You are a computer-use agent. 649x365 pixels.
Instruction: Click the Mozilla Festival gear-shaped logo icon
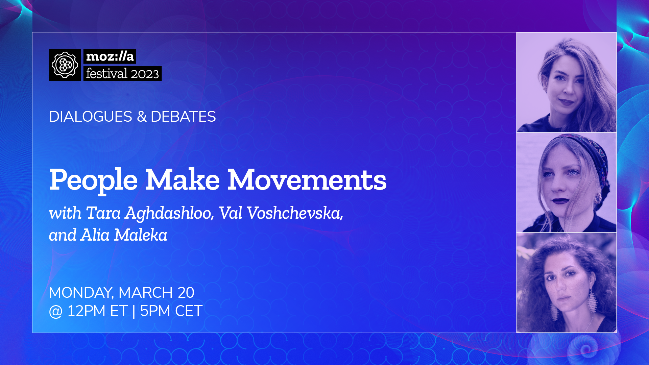pyautogui.click(x=65, y=65)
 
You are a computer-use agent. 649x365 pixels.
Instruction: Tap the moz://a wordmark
pyautogui.click(x=110, y=56)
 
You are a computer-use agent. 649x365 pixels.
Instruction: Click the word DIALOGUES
pyautogui.click(x=91, y=117)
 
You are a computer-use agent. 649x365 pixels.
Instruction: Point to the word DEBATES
pyautogui.click(x=183, y=117)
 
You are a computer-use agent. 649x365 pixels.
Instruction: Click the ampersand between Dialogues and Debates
pyautogui.click(x=142, y=117)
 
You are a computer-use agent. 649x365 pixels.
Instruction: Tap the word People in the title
pyautogui.click(x=93, y=180)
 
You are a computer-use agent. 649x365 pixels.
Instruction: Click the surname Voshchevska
pyautogui.click(x=295, y=213)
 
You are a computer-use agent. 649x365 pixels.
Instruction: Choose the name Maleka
pyautogui.click(x=141, y=235)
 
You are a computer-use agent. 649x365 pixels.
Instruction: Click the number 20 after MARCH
pyautogui.click(x=186, y=293)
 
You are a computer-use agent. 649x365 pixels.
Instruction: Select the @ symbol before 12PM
pyautogui.click(x=56, y=312)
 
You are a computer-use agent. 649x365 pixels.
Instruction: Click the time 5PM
pyautogui.click(x=155, y=311)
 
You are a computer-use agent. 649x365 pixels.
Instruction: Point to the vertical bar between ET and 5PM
pyautogui.click(x=134, y=311)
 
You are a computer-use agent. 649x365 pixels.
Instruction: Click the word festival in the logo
pyautogui.click(x=106, y=73)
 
